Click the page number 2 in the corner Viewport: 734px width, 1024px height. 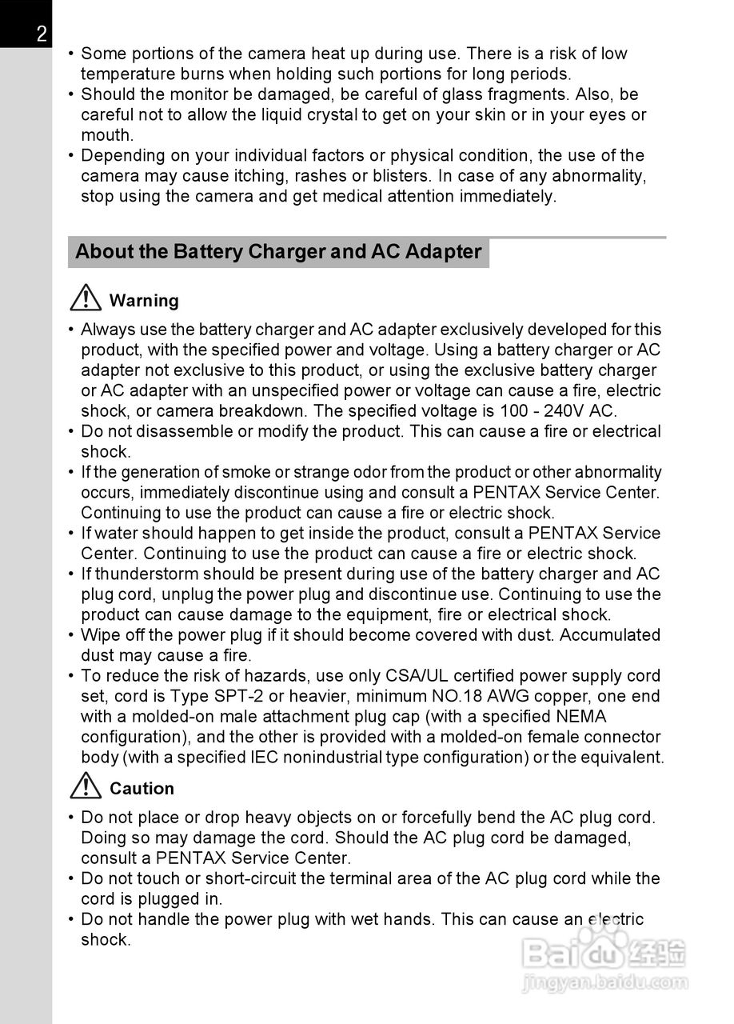(x=41, y=34)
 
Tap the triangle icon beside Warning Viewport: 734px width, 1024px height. (x=85, y=299)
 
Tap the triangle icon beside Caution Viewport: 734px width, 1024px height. (x=85, y=787)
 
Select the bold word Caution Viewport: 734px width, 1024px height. (x=142, y=788)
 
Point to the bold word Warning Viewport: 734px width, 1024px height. (x=144, y=301)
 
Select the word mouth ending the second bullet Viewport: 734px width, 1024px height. (x=106, y=135)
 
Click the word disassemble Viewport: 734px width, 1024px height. (x=182, y=431)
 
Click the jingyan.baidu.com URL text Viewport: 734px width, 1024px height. (x=604, y=981)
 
